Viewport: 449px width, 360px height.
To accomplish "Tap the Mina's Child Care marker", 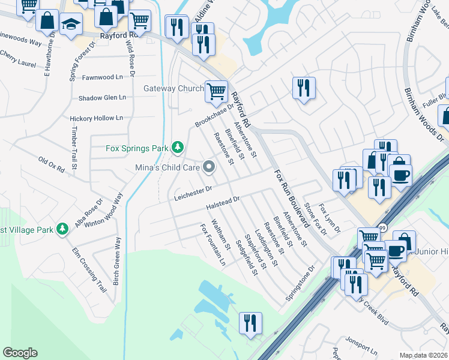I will (x=209, y=167).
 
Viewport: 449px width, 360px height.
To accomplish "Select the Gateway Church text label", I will (x=173, y=89).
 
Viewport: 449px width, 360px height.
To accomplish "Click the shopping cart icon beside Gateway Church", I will (x=216, y=91).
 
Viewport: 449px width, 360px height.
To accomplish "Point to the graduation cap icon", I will (x=71, y=25).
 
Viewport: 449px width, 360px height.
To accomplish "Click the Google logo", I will (x=20, y=353).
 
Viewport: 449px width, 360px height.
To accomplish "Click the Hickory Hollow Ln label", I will (x=96, y=118).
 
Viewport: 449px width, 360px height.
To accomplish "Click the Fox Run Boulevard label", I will (x=292, y=199).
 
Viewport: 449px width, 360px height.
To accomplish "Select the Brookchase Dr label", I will (x=213, y=114).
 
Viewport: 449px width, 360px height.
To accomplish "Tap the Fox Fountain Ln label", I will (x=213, y=245).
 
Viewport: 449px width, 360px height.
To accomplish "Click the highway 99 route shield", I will (x=381, y=229).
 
